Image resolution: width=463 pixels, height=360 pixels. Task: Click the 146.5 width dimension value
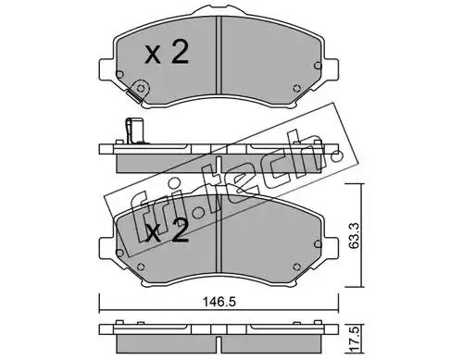coord(219,302)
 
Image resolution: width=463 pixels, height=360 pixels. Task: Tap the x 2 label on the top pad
coord(167,53)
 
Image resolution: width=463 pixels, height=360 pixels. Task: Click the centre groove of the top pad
coord(219,55)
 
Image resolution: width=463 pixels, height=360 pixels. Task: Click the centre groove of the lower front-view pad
coord(219,234)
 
